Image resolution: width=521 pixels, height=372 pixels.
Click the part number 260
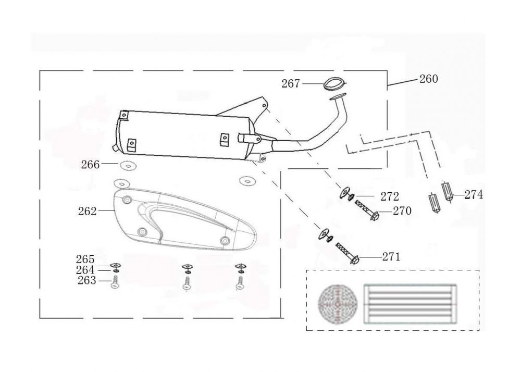428,79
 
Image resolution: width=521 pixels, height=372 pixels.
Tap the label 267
291,83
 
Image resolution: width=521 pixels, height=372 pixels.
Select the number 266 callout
90,165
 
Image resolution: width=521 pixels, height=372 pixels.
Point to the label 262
87,211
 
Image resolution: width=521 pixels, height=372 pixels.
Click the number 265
85,259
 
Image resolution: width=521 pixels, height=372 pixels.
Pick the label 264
85,270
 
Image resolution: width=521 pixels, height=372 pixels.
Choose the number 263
86,281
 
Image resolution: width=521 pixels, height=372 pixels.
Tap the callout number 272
389,197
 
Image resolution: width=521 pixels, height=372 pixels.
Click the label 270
402,211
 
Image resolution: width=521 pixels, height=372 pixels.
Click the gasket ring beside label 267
333,82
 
